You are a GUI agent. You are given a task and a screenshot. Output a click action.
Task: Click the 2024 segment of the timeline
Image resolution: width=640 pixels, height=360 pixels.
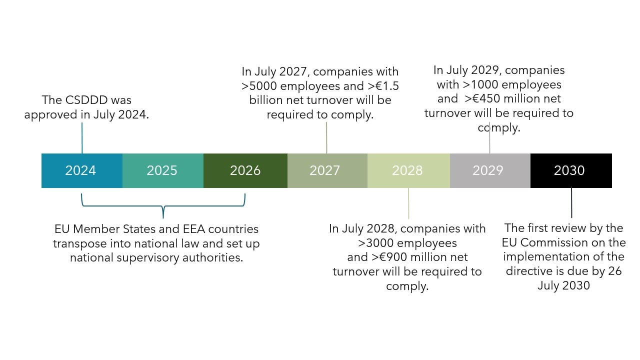81,170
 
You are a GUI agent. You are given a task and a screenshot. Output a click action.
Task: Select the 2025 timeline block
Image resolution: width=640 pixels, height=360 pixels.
162,170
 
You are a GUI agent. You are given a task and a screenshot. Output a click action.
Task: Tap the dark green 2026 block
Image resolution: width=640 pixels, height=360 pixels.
245,170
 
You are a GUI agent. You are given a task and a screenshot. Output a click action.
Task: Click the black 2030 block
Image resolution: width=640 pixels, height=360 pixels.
570,170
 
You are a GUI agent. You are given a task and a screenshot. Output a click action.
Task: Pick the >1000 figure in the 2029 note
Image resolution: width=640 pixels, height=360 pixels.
479,84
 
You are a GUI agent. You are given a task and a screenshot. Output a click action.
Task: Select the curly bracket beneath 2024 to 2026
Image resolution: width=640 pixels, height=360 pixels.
163,206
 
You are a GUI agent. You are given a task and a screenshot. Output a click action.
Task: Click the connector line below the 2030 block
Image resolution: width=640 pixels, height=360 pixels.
571,202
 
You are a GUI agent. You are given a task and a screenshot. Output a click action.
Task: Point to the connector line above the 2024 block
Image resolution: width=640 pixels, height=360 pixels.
82,137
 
